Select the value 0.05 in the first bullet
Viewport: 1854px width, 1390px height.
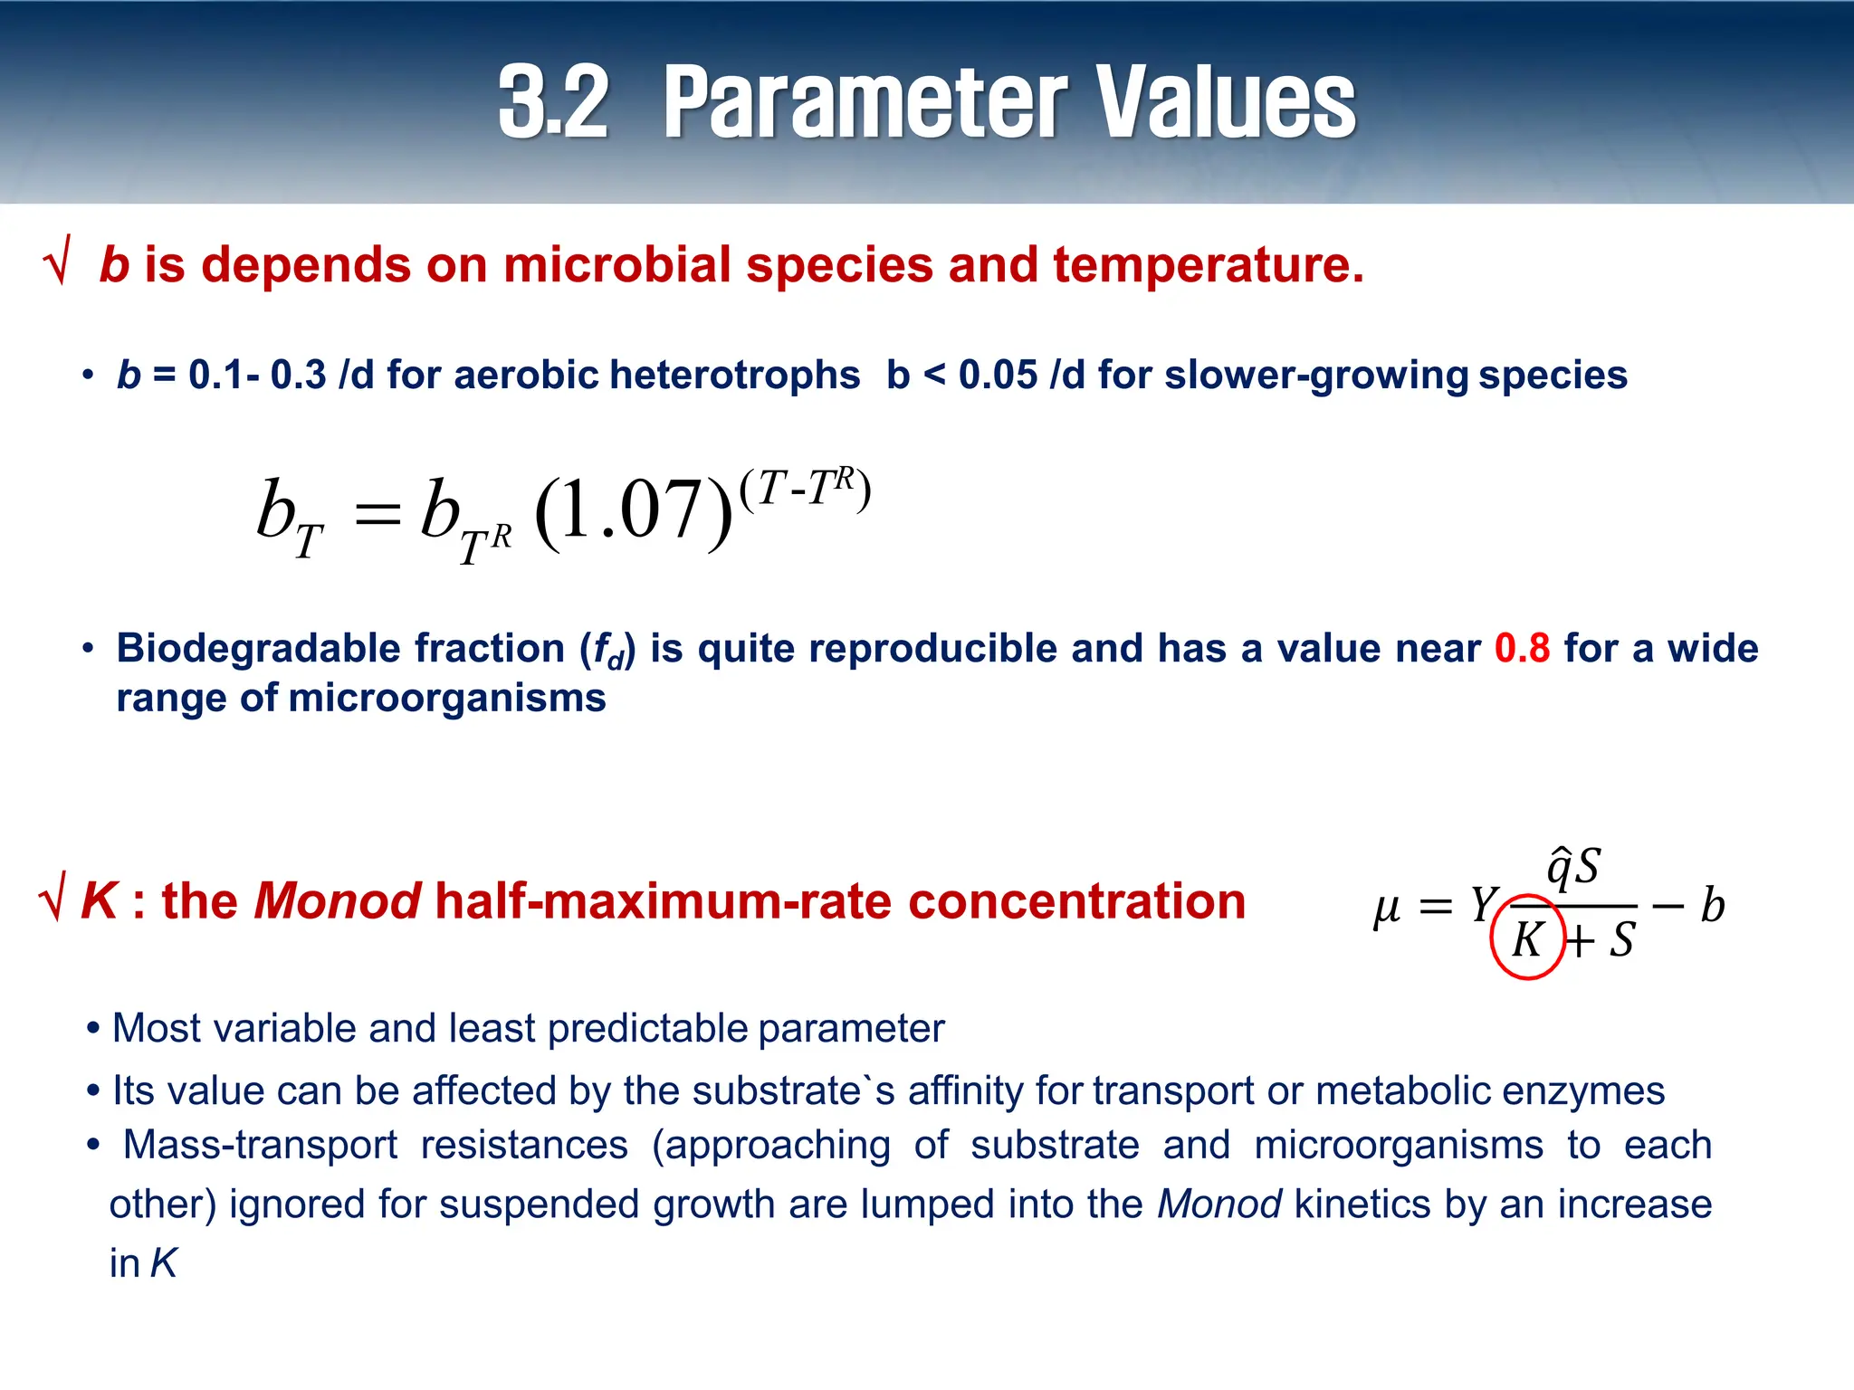(998, 375)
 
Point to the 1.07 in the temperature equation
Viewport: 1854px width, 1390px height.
(633, 510)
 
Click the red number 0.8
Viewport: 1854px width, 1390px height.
(1522, 648)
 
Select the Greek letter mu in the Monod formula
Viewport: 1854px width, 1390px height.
(1387, 907)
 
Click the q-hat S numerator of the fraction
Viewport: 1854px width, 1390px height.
(1574, 867)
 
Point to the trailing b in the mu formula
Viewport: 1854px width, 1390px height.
(1712, 904)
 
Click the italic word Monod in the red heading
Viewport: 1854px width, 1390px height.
(337, 901)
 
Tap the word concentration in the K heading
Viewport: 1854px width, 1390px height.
(1076, 901)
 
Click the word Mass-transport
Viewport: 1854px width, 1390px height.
(261, 1145)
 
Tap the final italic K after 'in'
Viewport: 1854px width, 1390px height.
(164, 1263)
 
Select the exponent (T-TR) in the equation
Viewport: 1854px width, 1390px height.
(805, 489)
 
